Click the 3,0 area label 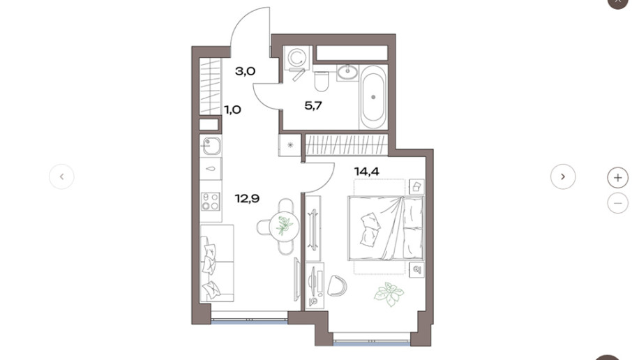[246, 71]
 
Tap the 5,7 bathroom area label [313, 106]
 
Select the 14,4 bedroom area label [367, 172]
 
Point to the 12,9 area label [247, 199]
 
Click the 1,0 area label [233, 110]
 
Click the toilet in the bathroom [322, 81]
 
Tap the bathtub [373, 97]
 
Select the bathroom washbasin [347, 73]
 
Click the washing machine [297, 57]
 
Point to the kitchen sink [211, 146]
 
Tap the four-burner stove [211, 202]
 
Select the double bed [386, 228]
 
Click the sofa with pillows [217, 264]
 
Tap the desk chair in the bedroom [337, 285]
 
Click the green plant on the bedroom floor [389, 294]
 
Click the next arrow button [563, 177]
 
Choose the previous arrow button [61, 177]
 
